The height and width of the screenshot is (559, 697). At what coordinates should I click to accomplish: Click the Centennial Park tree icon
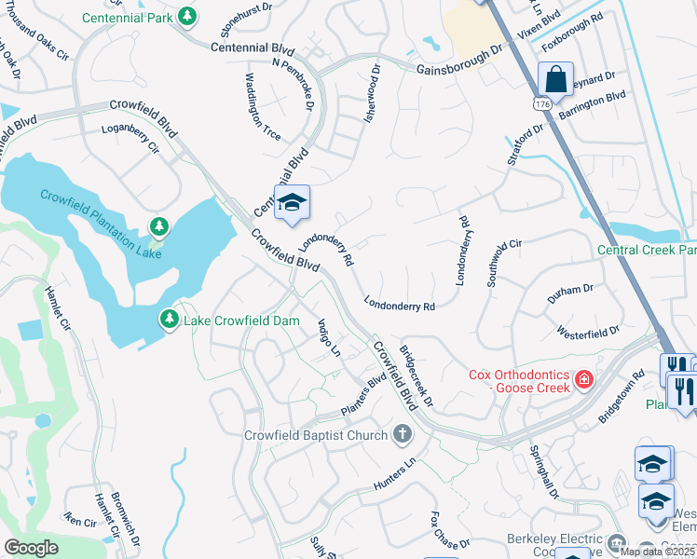[x=188, y=17]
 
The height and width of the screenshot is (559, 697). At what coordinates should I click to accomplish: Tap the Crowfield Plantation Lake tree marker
[x=159, y=226]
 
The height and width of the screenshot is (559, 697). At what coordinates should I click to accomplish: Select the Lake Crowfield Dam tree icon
[x=170, y=320]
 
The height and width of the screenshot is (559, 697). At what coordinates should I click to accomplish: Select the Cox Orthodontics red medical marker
[x=583, y=379]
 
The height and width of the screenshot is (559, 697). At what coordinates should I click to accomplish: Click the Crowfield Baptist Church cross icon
[x=402, y=434]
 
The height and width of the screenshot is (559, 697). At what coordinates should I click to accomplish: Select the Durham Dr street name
[x=570, y=292]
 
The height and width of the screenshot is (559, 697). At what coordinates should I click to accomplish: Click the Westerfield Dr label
[x=588, y=332]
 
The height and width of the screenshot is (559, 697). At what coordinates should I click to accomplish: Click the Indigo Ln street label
[x=330, y=338]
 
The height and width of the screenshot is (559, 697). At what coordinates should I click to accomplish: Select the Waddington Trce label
[x=263, y=106]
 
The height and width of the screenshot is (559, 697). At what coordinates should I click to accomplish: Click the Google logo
[x=31, y=547]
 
